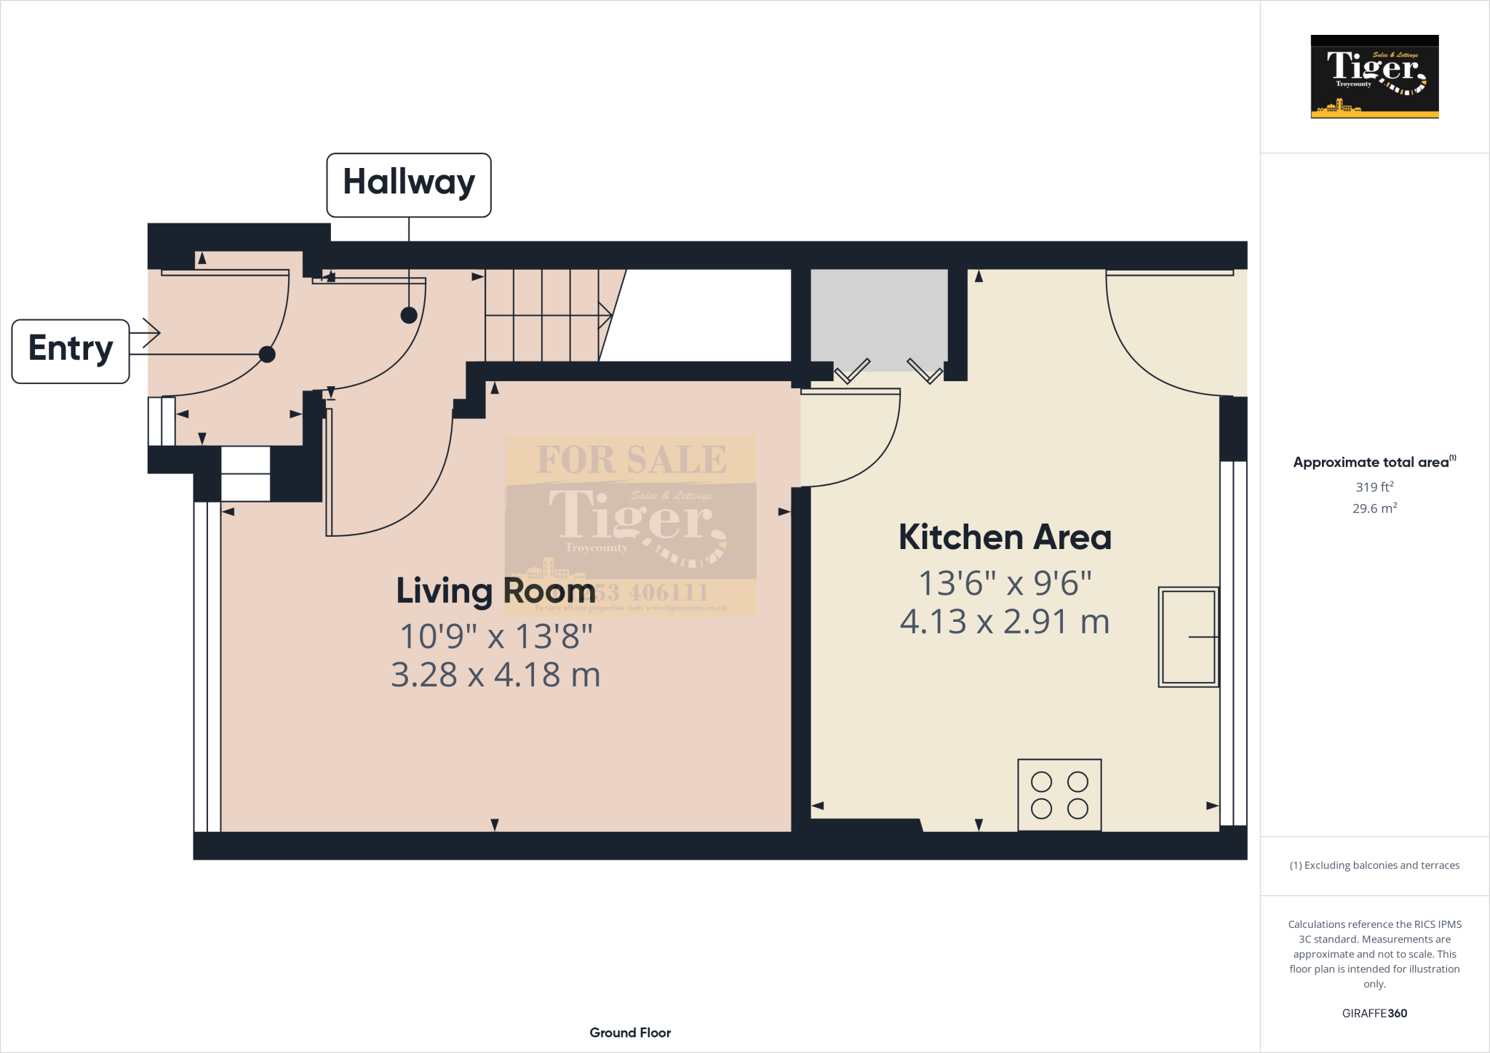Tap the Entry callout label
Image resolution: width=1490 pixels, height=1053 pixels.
[71, 351]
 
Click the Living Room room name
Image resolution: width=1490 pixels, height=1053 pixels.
[495, 590]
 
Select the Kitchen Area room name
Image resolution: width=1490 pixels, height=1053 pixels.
[1005, 537]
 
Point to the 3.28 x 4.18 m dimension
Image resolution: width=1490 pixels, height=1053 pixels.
[495, 675]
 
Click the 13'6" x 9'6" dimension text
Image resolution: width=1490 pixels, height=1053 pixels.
[1005, 583]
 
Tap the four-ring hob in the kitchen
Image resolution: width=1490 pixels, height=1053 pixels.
[1059, 795]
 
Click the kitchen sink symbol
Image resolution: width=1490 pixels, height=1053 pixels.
[1188, 637]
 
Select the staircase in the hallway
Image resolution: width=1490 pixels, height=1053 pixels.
[546, 315]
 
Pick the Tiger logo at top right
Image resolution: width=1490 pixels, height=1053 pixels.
[1374, 76]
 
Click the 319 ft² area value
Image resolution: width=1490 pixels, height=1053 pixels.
[1374, 487]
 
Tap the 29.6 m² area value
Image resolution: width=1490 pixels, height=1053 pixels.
[1374, 508]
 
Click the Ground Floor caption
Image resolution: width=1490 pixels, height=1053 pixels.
[630, 1033]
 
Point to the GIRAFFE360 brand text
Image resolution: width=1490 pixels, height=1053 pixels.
[1374, 1013]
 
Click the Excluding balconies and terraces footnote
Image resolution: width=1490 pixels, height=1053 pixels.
[1374, 865]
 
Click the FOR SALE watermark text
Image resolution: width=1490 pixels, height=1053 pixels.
[631, 460]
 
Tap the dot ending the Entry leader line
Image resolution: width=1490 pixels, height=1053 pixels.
[267, 354]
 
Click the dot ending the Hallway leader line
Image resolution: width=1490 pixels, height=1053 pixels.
[409, 315]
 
